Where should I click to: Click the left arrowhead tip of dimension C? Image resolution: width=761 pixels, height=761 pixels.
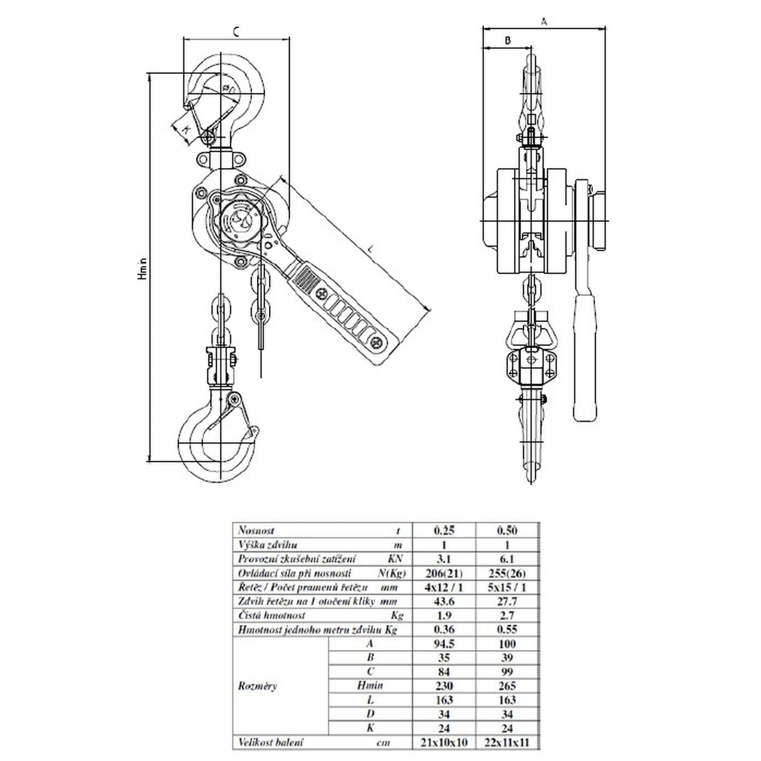(x=184, y=39)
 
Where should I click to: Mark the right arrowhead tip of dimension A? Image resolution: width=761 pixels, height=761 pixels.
(x=605, y=28)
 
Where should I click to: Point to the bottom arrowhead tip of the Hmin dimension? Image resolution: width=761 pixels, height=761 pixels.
(x=149, y=461)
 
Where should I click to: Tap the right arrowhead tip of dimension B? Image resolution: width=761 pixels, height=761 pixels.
(x=531, y=48)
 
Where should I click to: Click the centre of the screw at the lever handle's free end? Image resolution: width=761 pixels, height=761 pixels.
(x=375, y=342)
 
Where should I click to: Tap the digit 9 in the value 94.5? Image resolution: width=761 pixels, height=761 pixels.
(x=437, y=644)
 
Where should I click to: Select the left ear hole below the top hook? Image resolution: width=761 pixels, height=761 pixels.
(x=202, y=160)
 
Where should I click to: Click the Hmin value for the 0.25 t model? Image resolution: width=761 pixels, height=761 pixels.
(x=444, y=686)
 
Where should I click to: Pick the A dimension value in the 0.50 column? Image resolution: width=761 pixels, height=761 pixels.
(x=507, y=644)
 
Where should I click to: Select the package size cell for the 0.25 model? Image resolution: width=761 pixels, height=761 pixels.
(x=444, y=742)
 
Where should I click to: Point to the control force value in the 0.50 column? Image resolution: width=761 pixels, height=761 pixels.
(x=507, y=573)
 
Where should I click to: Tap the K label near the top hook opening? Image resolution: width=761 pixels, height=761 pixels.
(x=187, y=129)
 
